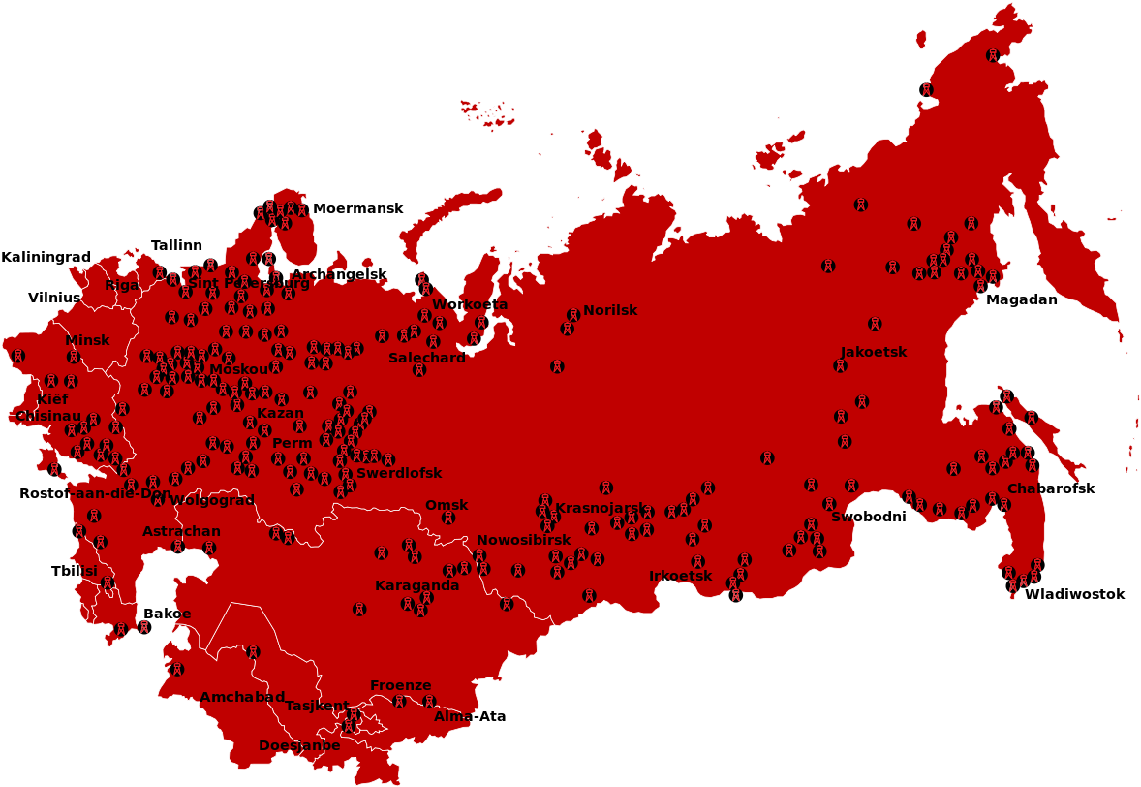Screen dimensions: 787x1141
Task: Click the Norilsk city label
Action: pos(610,310)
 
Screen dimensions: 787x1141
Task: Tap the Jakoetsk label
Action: pos(873,352)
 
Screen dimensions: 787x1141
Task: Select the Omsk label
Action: pos(447,505)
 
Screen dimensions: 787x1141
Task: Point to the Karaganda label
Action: pos(416,585)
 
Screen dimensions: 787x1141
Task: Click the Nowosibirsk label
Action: pos(523,540)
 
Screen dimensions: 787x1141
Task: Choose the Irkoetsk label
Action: pos(680,576)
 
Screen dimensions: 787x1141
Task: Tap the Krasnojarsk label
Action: pos(601,508)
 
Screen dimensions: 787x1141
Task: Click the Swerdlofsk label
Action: pos(399,473)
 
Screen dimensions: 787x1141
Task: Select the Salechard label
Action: pos(426,357)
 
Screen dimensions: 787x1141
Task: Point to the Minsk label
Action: pos(87,340)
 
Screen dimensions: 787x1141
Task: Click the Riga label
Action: pos(122,285)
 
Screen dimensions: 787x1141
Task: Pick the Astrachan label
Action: pos(181,531)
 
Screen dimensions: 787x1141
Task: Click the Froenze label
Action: pos(400,685)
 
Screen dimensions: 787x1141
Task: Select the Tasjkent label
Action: pos(317,705)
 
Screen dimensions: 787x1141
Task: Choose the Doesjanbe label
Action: pos(299,745)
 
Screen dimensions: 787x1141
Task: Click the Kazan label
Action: pos(280,413)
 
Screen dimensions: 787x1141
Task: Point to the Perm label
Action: pos(293,443)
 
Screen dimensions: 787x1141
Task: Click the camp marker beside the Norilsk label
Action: pos(573,314)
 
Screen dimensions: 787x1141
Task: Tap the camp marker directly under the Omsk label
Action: pos(448,518)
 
